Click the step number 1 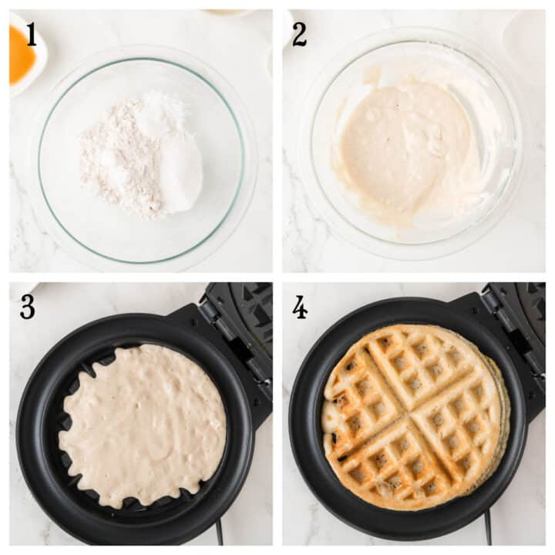coord(32,34)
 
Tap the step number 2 coord(299,34)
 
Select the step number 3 coord(28,307)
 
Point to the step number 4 coord(300,307)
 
